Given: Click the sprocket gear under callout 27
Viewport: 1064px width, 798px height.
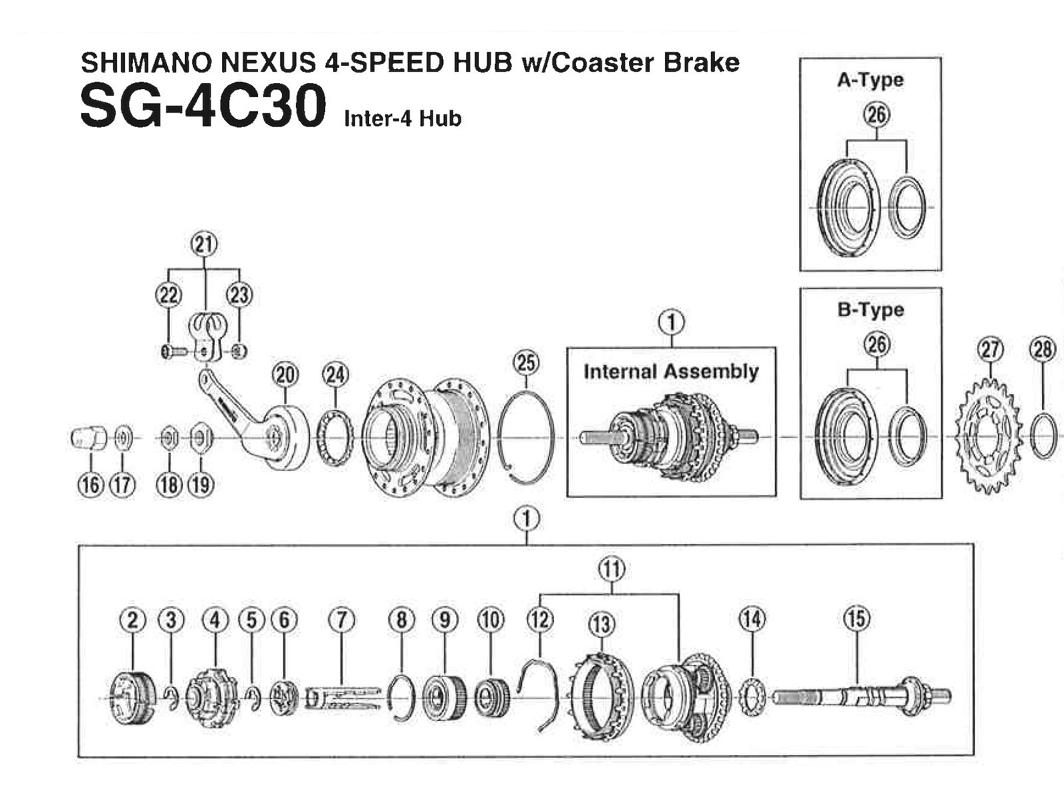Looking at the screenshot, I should click(x=989, y=436).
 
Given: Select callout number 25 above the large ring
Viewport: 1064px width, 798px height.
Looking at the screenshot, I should click(x=526, y=363).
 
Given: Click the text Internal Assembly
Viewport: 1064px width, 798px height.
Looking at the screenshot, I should click(x=671, y=371).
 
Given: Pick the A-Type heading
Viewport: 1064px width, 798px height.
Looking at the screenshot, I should click(x=870, y=80).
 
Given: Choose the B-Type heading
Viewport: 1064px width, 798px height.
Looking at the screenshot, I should click(x=870, y=310).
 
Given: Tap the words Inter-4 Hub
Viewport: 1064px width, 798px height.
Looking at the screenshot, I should click(x=402, y=119).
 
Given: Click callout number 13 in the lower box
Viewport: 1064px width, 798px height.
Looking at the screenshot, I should click(x=602, y=624).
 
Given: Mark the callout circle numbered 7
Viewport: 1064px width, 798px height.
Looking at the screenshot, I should click(x=341, y=620).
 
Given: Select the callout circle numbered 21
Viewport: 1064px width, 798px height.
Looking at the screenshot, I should click(x=204, y=245).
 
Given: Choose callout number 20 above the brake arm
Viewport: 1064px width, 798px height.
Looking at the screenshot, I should click(x=285, y=376).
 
